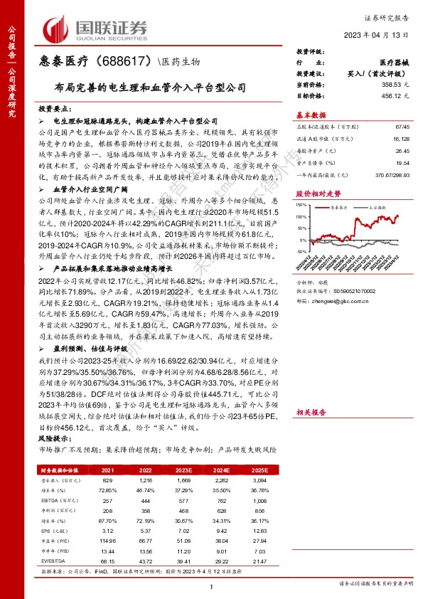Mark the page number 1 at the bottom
pyautogui.click(x=211, y=585)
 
